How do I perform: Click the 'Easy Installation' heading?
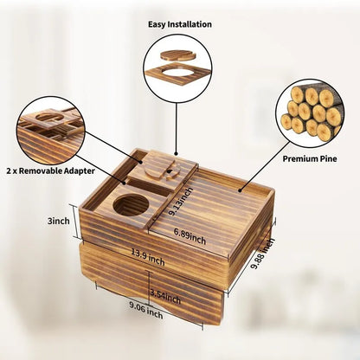point(180,24)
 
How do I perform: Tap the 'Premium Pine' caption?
point(310,158)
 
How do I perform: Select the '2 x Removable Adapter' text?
point(51,170)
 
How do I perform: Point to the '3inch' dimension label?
point(59,221)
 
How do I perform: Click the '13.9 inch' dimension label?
point(148,257)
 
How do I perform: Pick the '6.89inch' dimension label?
point(190,236)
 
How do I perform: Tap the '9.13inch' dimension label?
point(181,202)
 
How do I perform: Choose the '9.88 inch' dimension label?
point(263,253)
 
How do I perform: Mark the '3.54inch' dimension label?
point(165,298)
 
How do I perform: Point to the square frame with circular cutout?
point(178,74)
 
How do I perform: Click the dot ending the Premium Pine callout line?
point(240,190)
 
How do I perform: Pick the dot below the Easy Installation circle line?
point(177,155)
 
